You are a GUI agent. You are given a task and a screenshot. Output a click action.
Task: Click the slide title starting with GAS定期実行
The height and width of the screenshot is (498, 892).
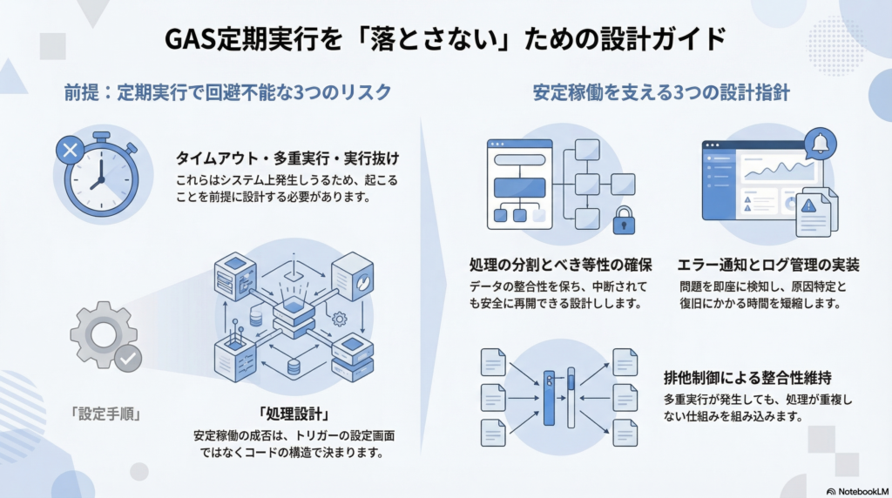coord(445,39)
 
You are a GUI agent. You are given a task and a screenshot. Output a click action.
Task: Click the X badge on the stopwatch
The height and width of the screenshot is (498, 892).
coord(68,151)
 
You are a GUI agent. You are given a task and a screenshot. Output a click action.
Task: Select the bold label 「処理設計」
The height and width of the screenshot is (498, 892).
coord(287,411)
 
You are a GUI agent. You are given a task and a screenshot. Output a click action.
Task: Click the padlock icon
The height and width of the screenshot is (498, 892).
coord(624,219)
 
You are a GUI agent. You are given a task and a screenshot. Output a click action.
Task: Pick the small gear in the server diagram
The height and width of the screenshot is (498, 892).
coord(341,319)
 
